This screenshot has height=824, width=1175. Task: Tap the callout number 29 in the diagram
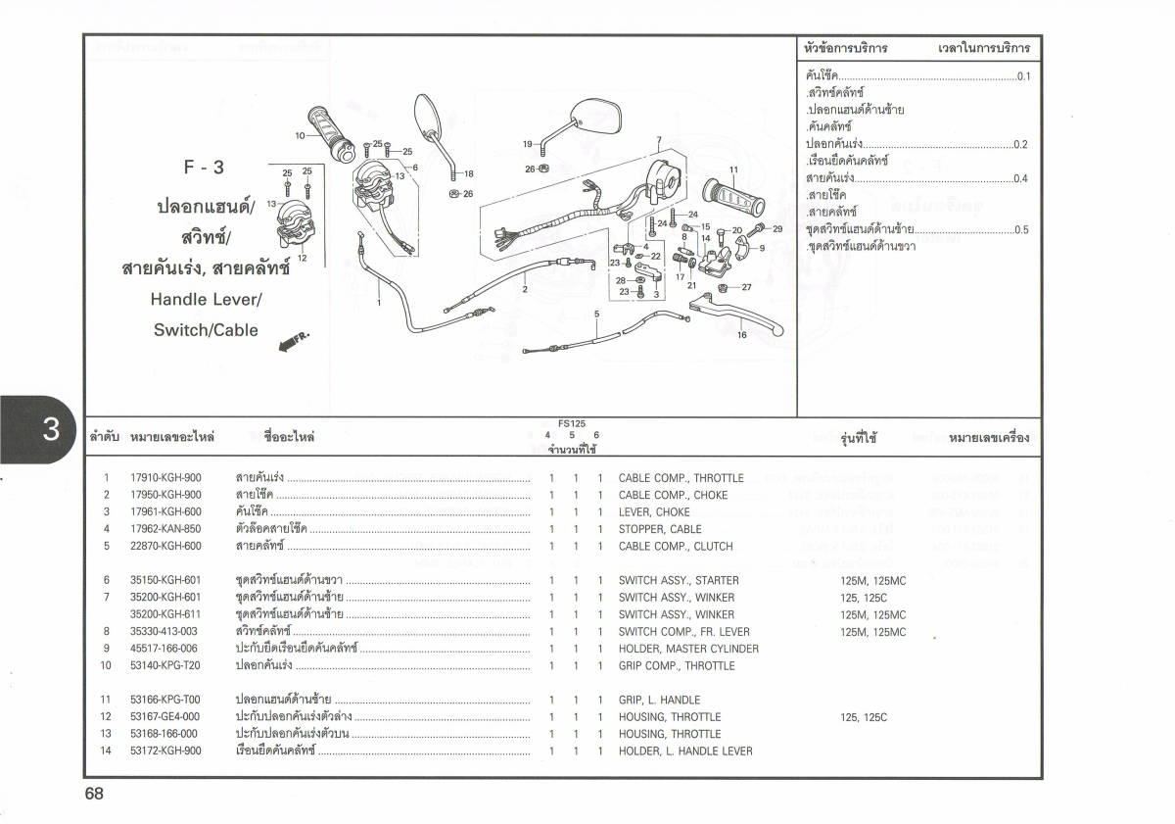click(x=778, y=228)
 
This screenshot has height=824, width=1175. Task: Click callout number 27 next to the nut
click(x=746, y=287)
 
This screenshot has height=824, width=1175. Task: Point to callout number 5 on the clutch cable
click(x=595, y=314)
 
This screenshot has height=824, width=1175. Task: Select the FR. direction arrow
click(x=293, y=343)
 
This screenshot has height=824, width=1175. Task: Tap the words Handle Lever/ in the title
click(x=207, y=300)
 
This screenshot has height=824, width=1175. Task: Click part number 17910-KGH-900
click(x=165, y=478)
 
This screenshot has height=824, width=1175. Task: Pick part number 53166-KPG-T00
click(x=164, y=701)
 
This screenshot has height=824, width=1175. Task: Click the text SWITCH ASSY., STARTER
click(x=679, y=581)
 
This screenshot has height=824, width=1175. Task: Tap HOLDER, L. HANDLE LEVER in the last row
click(x=685, y=751)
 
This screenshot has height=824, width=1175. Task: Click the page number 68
click(x=94, y=794)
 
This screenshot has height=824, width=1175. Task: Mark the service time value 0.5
click(x=1021, y=230)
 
